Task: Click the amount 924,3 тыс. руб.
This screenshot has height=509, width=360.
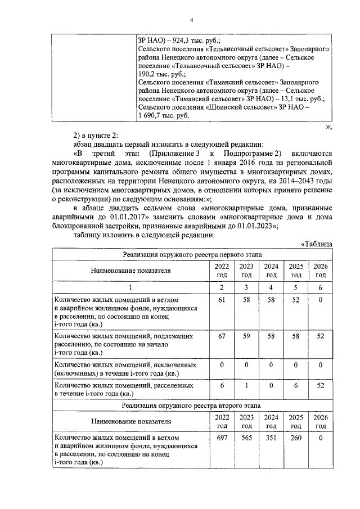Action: (190, 40)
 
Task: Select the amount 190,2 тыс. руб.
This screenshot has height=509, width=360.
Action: (162, 74)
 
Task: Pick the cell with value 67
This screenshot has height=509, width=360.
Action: (221, 336)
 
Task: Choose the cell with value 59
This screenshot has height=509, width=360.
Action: (246, 336)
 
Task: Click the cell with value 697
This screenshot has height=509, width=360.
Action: (221, 437)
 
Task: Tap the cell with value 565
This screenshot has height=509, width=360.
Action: (246, 437)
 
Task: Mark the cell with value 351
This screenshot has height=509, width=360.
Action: (271, 437)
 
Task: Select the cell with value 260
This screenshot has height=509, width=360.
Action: (296, 437)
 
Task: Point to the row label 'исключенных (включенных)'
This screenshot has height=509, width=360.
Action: (125, 369)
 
